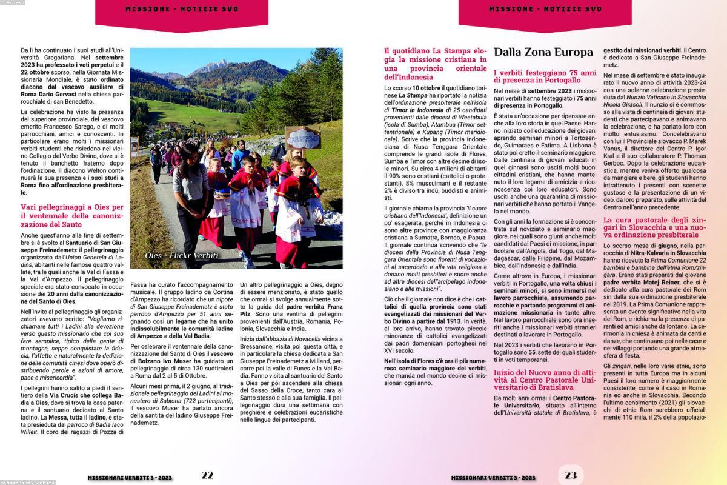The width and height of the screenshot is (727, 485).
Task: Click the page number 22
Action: (207, 475)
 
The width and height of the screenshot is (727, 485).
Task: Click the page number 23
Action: (571, 475)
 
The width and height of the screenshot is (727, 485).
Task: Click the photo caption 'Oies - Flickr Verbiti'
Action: (182, 255)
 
